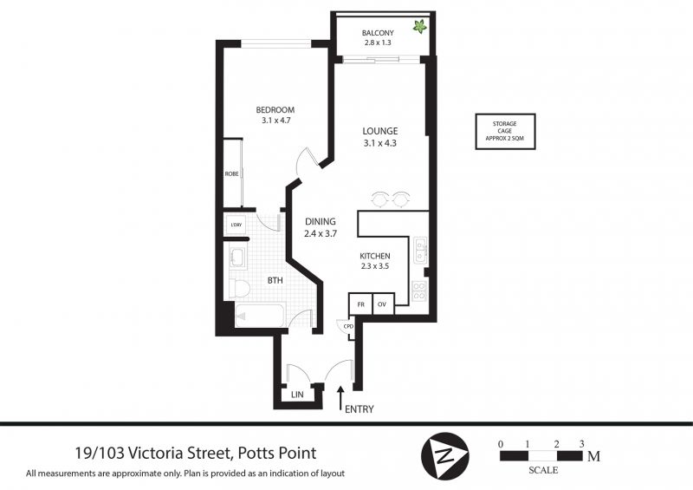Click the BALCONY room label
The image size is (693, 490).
pos(378,33)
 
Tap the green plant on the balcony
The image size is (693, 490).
pos(420,27)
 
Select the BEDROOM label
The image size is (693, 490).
pos(275,110)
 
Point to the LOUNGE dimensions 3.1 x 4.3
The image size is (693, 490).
pos(380,143)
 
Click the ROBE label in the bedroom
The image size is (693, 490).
pos(231,174)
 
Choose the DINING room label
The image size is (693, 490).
pos(321,221)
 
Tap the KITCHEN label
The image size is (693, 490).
pos(375,256)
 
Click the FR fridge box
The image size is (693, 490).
pos(360,304)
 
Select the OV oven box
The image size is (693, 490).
pos(383,304)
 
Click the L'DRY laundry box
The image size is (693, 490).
pos(236,225)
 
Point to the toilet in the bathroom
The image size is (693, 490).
pos(239,288)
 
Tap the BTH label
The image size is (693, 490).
pos(275,280)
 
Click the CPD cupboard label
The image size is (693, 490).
pos(348,327)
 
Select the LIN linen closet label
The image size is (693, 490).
pos(297,395)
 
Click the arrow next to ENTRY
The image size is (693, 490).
pos(340,399)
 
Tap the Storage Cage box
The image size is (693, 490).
pos(505,131)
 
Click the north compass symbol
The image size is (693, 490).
pos(445,455)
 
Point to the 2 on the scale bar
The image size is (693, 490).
pos(556,444)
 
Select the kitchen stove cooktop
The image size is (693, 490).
pos(419,291)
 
